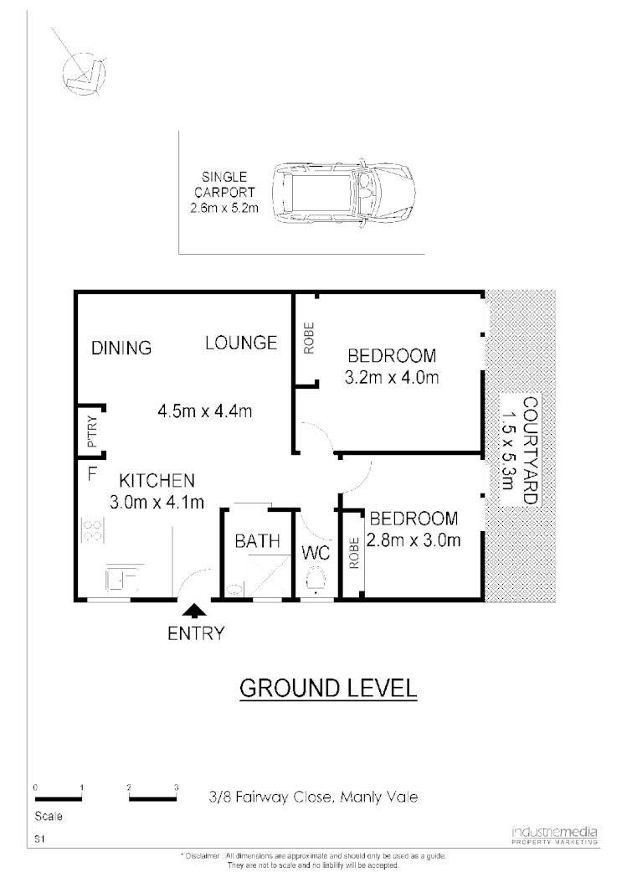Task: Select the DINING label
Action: pos(121,348)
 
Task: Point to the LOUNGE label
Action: pos(242,342)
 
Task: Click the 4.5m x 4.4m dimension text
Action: pos(205,411)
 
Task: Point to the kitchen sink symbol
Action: pos(121,579)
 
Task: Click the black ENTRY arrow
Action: pos(193,613)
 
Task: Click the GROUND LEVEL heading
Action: pos(328,688)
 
